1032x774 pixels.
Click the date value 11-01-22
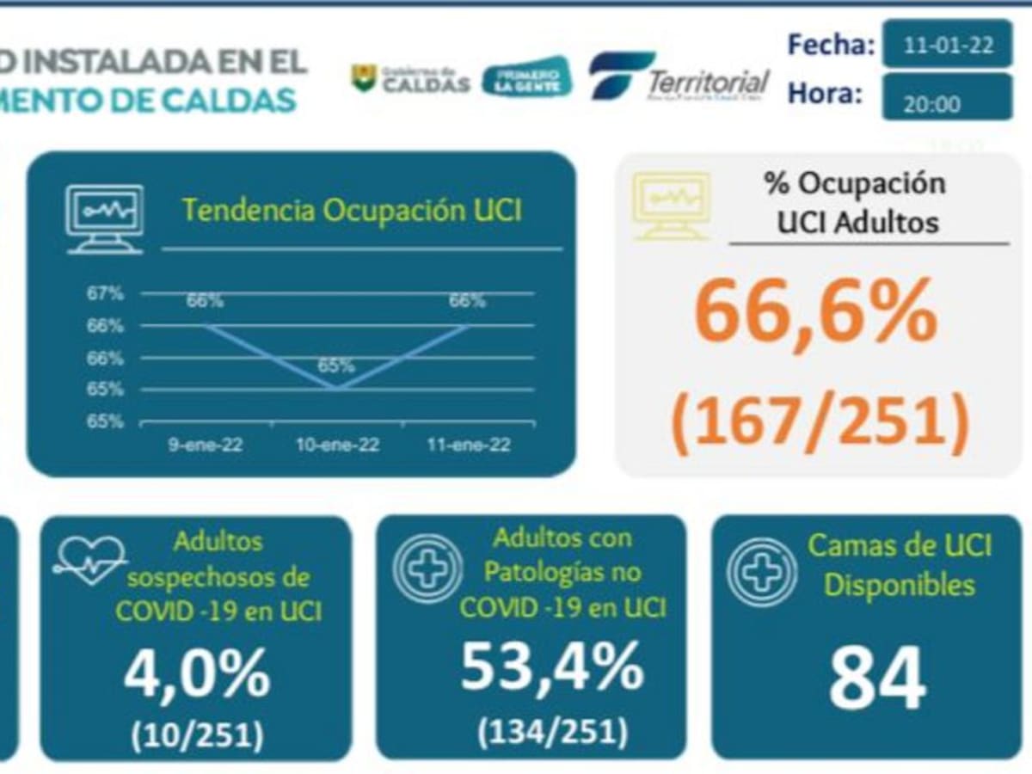(x=948, y=45)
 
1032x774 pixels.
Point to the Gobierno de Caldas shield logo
(x=364, y=78)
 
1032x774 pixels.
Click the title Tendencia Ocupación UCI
(x=353, y=212)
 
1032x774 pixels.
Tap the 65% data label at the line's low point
(x=335, y=365)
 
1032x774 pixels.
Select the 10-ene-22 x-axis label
(x=337, y=445)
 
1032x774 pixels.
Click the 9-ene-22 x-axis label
(x=205, y=445)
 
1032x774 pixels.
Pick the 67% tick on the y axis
(x=105, y=294)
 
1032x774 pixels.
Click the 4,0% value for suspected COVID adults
(x=197, y=675)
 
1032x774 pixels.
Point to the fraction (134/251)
(x=552, y=731)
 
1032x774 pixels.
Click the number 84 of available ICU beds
(x=877, y=676)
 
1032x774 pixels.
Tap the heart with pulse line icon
(x=89, y=560)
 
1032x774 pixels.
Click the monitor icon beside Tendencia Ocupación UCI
(x=105, y=218)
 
